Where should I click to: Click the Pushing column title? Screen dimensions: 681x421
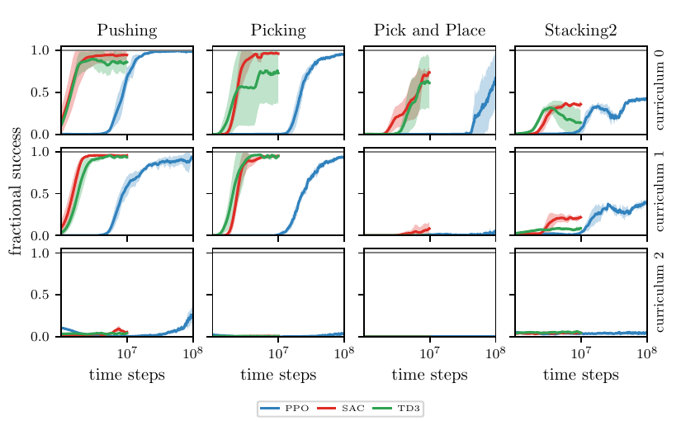point(127,31)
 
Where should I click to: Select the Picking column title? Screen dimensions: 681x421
point(278,31)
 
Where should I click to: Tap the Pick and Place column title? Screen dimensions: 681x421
point(429,30)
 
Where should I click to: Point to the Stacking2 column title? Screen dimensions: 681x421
point(580,31)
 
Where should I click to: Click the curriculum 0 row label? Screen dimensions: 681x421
point(660,89)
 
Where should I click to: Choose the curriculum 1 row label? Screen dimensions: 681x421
point(660,192)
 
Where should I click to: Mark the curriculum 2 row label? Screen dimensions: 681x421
point(660,292)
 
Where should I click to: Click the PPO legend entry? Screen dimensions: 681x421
point(285,409)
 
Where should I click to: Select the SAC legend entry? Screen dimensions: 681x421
point(341,409)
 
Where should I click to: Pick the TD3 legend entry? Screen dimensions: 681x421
point(396,409)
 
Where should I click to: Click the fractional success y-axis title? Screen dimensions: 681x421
point(16,192)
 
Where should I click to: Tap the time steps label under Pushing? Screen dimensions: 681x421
point(127,375)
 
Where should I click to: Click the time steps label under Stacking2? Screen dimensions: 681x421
point(580,375)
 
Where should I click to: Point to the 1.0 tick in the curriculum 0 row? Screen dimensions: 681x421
point(40,50)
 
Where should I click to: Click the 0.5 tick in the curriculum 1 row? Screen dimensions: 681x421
point(40,194)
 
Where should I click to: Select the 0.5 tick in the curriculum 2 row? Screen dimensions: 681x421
point(40,295)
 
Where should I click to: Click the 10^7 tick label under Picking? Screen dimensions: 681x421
point(278,352)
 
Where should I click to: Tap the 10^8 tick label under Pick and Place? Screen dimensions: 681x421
point(495,352)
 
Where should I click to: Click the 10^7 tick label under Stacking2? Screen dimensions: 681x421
point(581,352)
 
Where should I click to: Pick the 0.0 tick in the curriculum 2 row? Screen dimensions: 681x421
point(40,337)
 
